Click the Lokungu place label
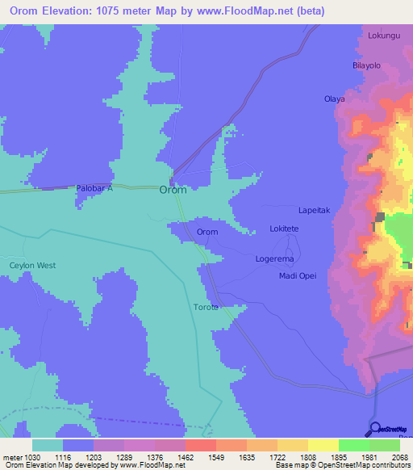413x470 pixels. [384, 36]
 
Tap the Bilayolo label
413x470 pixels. [366, 65]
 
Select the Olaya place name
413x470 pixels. [334, 99]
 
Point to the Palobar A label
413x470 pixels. [94, 188]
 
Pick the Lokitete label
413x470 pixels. [284, 229]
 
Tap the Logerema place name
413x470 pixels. [274, 259]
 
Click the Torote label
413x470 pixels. [206, 307]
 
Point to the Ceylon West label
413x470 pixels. [32, 265]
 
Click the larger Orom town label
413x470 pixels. [173, 190]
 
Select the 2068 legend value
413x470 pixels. [399, 456]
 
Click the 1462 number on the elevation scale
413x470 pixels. [186, 456]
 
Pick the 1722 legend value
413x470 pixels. [277, 456]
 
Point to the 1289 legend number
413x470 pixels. [124, 456]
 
